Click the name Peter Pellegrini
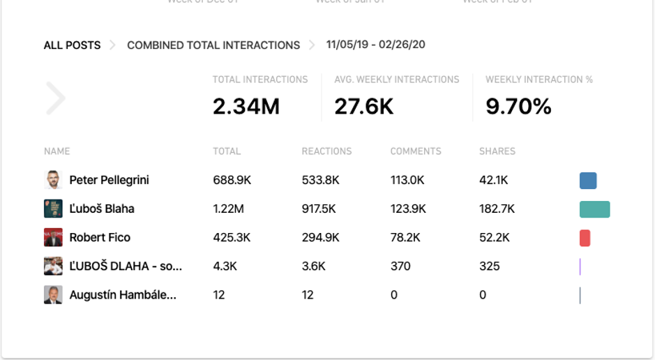tap(109, 180)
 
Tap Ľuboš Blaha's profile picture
tap(53, 209)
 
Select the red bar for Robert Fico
tap(585, 238)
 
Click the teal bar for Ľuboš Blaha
tap(594, 209)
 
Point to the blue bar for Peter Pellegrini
tap(588, 181)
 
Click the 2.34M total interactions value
tap(246, 106)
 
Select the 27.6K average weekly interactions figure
tap(364, 106)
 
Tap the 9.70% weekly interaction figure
tap(518, 106)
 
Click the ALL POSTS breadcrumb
tap(72, 45)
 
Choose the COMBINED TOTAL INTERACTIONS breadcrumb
tap(213, 45)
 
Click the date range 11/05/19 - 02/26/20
tap(376, 45)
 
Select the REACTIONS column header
tap(326, 151)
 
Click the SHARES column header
tap(497, 151)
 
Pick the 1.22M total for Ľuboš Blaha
tap(228, 209)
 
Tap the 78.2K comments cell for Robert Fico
tap(405, 237)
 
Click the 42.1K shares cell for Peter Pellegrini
tap(494, 180)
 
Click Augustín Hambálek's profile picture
tap(53, 295)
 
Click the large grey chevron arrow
tap(56, 98)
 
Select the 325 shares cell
tap(490, 266)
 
